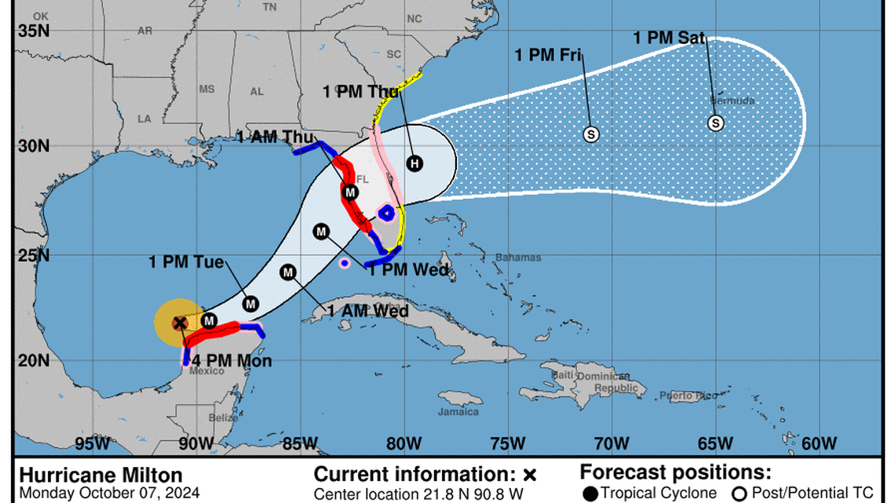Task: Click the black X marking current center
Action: [x=180, y=323]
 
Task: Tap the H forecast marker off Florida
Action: [x=415, y=163]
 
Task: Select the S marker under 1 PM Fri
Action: [x=591, y=134]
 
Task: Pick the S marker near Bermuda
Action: [x=715, y=123]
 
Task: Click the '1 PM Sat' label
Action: [x=669, y=36]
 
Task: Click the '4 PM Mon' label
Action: [x=234, y=361]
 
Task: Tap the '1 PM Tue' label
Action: [x=187, y=262]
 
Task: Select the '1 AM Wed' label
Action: [x=369, y=312]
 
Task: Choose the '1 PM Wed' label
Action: [x=408, y=271]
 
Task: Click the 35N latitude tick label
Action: [x=34, y=31]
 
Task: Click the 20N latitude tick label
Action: [x=34, y=361]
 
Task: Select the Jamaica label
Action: [x=458, y=412]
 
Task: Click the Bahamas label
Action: [x=518, y=257]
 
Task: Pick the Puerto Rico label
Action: [x=688, y=395]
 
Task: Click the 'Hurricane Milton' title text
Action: [x=100, y=476]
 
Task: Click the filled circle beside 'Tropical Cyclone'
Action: [x=590, y=494]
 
